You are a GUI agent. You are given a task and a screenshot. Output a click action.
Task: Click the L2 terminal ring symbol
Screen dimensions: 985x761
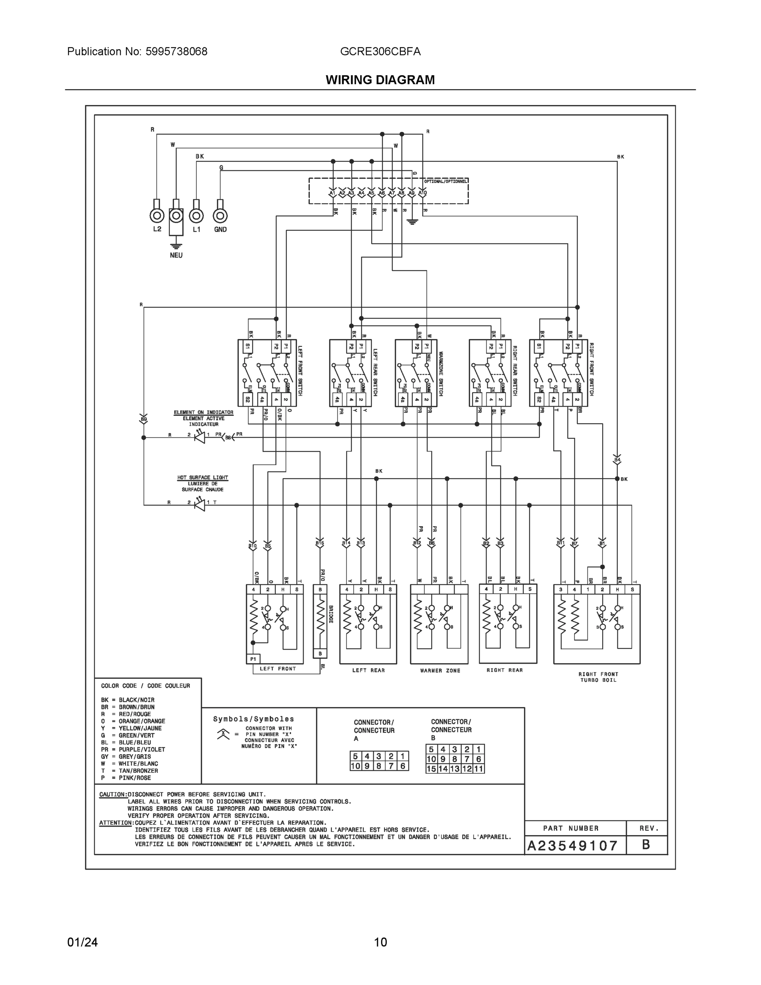click(157, 215)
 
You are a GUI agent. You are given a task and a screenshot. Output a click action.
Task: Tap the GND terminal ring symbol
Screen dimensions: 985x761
click(220, 215)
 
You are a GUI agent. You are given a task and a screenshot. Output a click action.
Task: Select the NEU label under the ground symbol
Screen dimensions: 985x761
click(176, 255)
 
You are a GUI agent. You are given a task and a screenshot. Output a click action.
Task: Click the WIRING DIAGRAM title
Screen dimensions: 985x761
click(380, 80)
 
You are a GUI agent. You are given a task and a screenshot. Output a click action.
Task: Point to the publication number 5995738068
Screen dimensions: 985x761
click(176, 51)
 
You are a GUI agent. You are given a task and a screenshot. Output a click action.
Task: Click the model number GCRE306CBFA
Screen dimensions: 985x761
click(380, 51)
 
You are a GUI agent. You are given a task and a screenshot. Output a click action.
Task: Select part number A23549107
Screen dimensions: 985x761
click(573, 845)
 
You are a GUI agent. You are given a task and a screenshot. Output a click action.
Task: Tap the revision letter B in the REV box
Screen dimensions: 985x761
click(646, 845)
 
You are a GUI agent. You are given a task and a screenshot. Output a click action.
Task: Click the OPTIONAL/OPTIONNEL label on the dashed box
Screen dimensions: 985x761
click(446, 181)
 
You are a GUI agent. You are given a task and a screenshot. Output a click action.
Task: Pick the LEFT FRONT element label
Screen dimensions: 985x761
click(278, 669)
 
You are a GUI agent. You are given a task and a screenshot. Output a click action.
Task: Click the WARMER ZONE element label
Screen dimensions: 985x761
click(440, 671)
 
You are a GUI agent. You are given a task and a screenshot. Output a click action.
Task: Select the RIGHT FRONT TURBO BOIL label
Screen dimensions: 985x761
click(598, 677)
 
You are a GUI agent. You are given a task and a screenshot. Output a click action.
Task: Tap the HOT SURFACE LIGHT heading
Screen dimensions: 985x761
click(202, 477)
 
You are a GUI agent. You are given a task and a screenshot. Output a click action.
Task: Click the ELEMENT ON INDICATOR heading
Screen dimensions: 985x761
click(204, 412)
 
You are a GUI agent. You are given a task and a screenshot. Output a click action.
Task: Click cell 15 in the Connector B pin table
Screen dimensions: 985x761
click(432, 769)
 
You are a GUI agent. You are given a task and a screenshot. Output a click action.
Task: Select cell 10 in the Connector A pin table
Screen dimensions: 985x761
click(355, 766)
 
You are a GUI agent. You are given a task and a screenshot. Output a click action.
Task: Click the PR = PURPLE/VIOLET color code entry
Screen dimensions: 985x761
click(133, 749)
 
